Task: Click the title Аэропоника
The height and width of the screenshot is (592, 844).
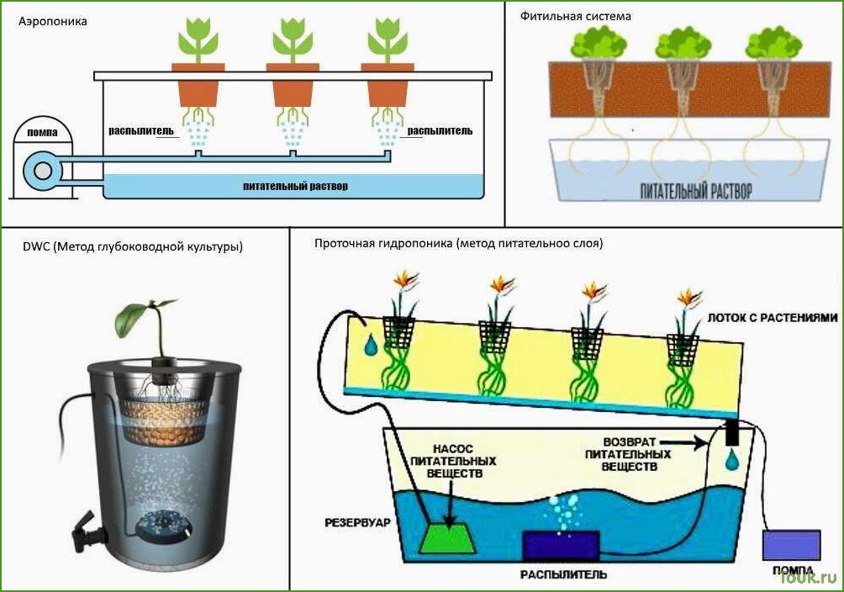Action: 53,22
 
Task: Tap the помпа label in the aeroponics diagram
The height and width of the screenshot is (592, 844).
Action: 42,133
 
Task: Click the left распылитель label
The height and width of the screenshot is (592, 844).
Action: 141,130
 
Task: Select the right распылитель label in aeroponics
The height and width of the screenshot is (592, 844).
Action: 440,130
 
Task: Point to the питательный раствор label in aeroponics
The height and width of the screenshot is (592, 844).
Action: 295,187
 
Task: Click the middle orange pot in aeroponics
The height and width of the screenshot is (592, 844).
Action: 293,85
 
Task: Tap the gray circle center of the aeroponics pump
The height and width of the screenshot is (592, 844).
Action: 43,172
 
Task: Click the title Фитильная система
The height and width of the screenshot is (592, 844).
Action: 575,16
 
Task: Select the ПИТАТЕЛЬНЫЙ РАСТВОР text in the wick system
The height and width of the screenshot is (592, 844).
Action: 696,191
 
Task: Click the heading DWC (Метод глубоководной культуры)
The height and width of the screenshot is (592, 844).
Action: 133,246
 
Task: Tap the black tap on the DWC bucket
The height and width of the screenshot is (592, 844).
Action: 86,531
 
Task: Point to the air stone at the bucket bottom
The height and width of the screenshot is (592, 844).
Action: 162,526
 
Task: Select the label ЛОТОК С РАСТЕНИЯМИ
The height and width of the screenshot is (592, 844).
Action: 773,318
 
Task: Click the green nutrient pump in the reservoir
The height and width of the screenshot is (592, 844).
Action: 448,537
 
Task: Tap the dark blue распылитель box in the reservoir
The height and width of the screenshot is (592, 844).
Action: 561,546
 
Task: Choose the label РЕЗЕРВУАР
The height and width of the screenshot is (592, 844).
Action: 357,522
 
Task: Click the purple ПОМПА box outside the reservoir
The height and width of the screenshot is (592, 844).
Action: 791,545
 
